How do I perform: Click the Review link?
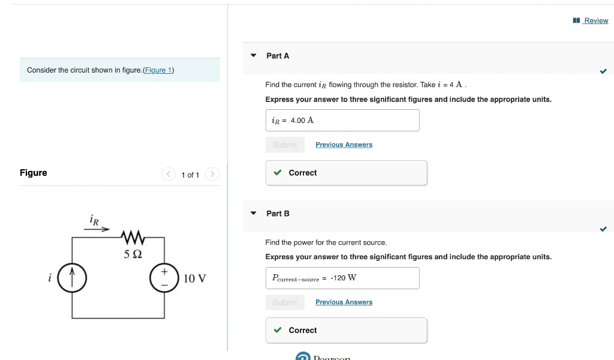coord(595,20)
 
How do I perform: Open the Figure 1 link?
coord(158,70)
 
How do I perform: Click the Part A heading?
coord(278,56)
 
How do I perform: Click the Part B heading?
coord(278,214)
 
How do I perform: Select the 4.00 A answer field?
coord(342,121)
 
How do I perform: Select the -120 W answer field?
coord(342,278)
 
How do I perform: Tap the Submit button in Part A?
coord(285,145)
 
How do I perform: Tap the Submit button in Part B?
coord(285,302)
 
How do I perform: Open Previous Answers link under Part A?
coord(344,145)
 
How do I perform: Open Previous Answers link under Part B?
coord(344,302)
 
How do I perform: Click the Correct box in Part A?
coord(346,173)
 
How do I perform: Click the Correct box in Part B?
coord(346,331)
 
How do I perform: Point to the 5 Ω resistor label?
coord(133,254)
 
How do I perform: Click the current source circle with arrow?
coord(73,278)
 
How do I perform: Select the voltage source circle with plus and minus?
coord(164,278)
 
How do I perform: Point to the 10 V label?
coord(195,278)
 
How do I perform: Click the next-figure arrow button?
coord(212,175)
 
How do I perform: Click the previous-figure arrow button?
coord(168,175)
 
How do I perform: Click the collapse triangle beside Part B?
coord(254,214)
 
